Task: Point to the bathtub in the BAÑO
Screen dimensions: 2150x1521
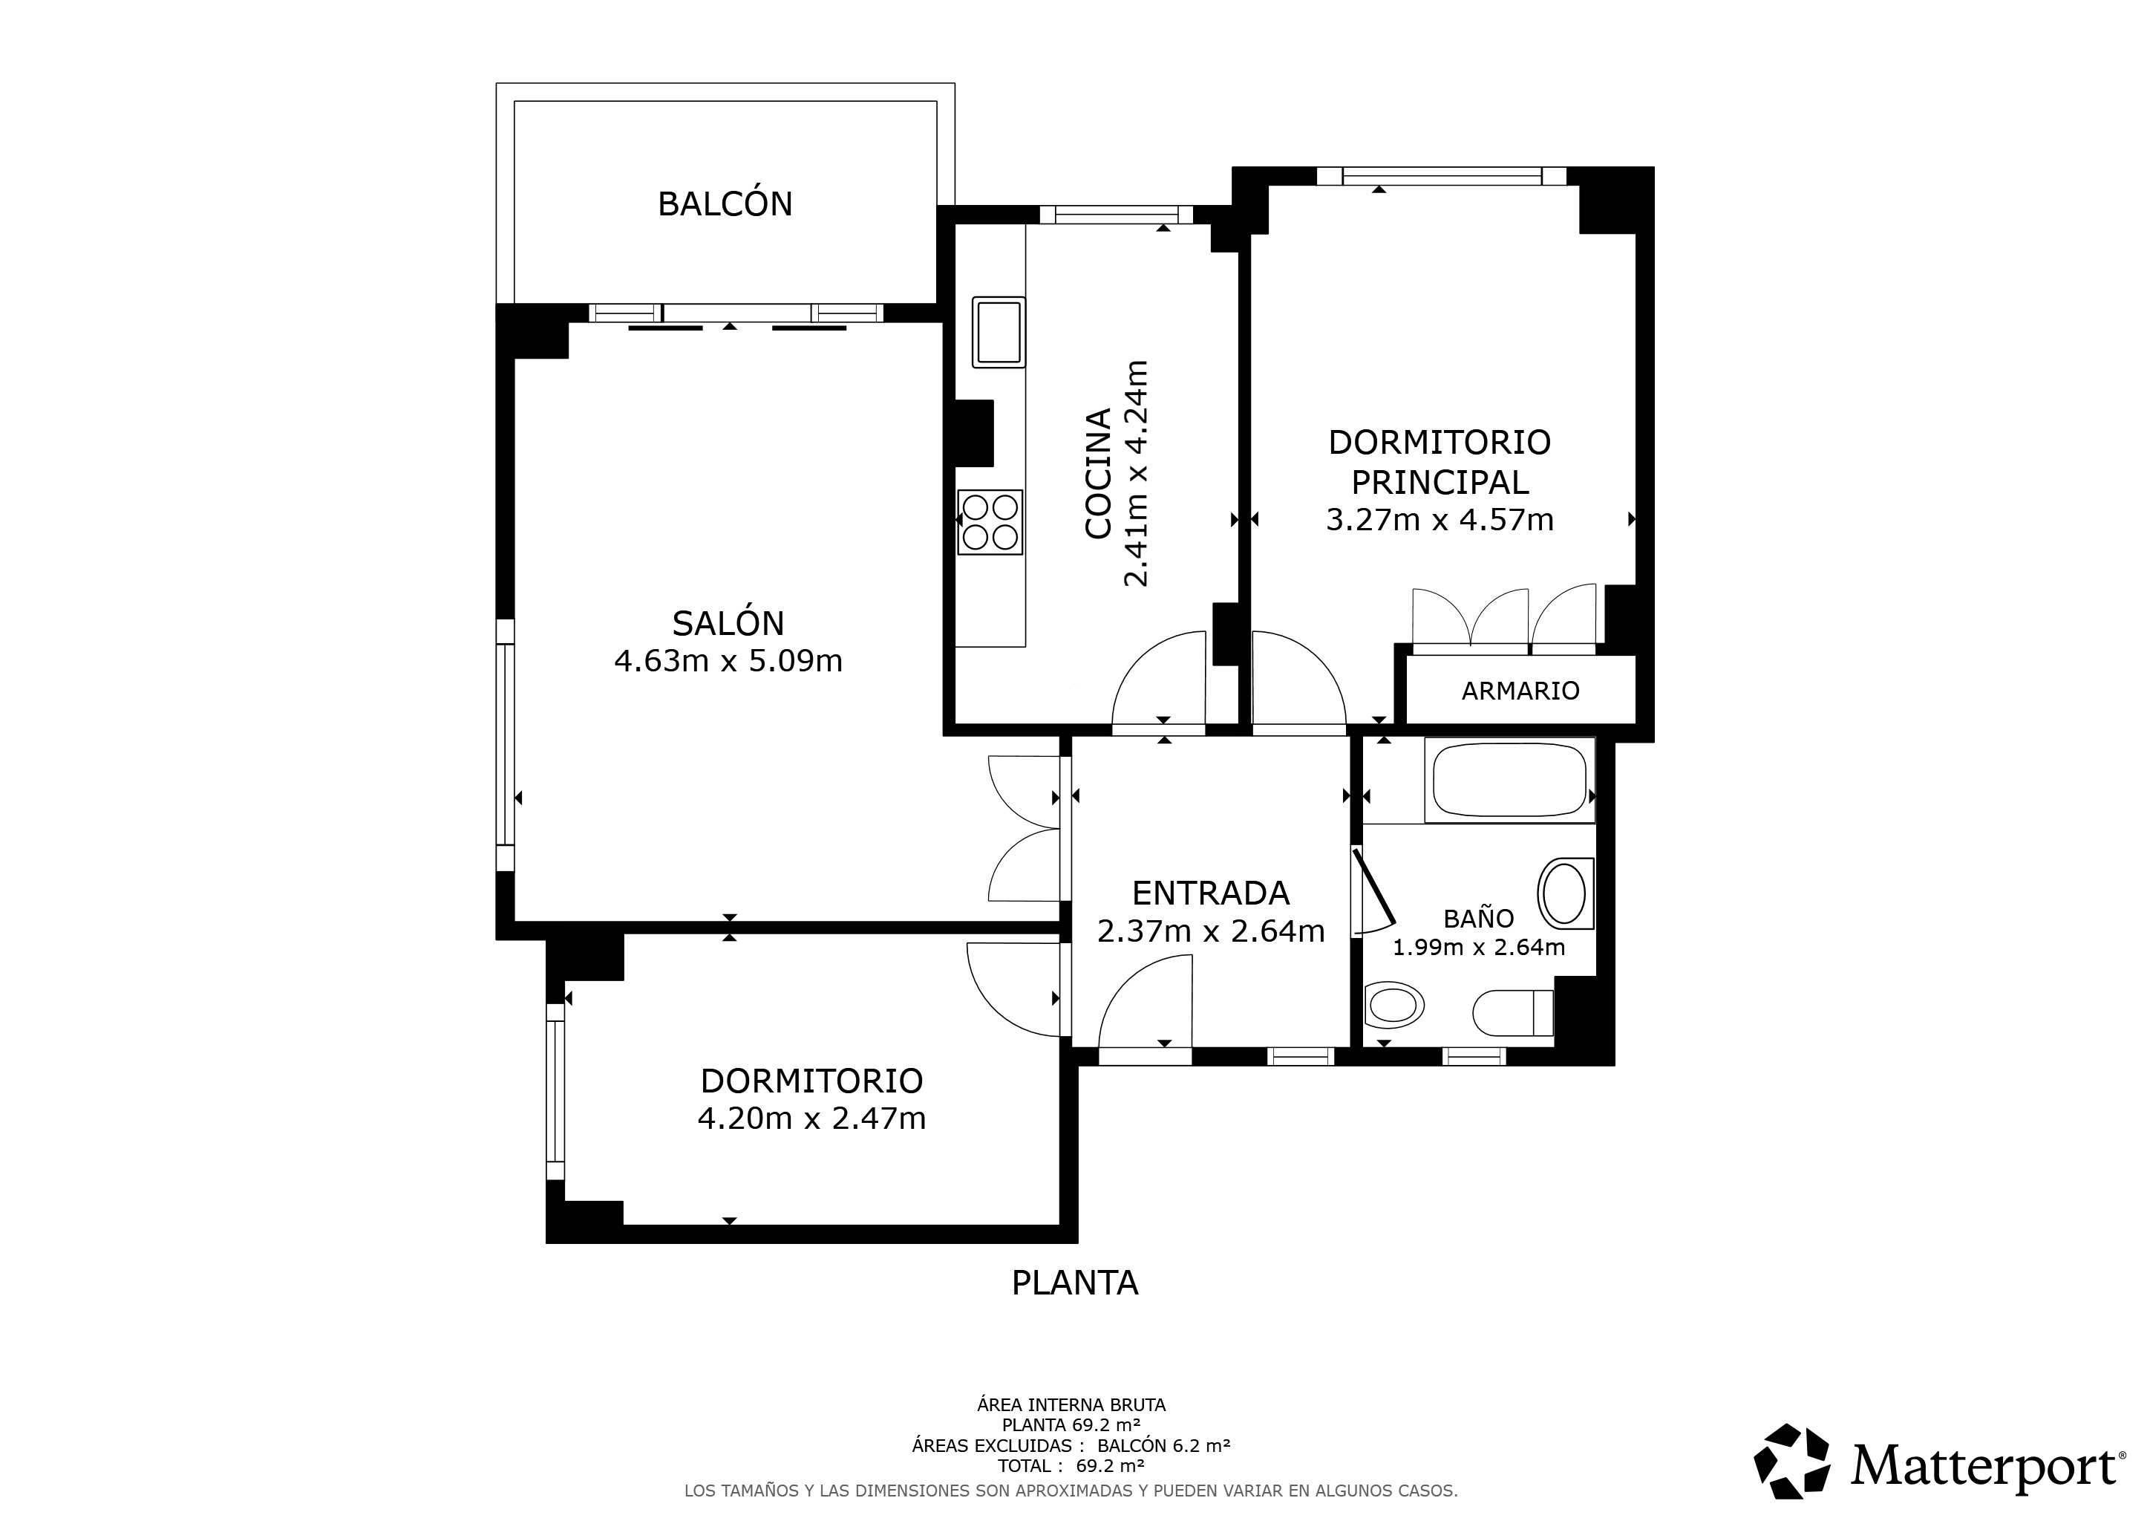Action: coord(1509,779)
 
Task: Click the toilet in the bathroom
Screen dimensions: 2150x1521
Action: coord(1513,1012)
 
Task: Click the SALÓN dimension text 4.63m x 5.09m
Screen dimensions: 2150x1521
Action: coord(728,661)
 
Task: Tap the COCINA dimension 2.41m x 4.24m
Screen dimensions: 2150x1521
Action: coord(1135,473)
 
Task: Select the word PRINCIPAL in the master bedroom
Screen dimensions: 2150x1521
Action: coord(1440,481)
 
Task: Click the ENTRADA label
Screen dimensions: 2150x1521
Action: coord(1211,893)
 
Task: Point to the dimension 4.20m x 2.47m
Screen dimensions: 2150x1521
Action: coord(812,1118)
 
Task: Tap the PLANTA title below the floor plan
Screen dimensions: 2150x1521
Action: coord(1075,1282)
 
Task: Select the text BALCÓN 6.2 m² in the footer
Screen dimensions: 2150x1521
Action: coord(1164,1445)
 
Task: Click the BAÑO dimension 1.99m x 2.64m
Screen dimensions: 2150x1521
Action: coord(1479,947)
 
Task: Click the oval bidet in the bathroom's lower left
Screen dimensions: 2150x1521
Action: coord(1395,1007)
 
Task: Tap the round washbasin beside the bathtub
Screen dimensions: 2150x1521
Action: coord(1565,893)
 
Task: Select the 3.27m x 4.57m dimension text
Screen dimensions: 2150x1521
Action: coord(1440,519)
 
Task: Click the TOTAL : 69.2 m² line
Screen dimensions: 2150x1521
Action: coord(1071,1466)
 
